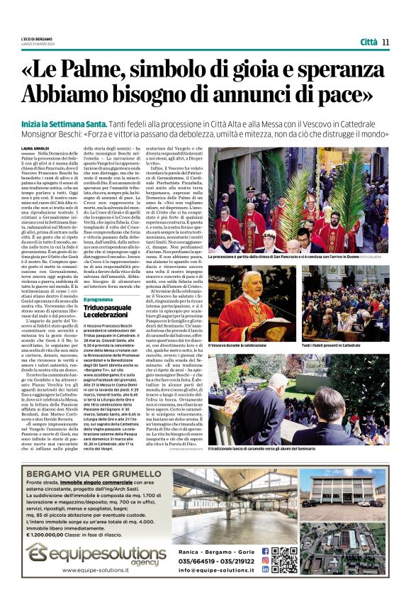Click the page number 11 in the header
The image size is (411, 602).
pos(385,42)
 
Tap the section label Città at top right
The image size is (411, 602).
pos(368,42)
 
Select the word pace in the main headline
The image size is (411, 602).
pos(347,94)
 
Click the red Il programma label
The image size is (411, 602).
pos(98,300)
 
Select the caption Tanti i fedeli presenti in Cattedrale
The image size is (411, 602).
pos(336,344)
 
